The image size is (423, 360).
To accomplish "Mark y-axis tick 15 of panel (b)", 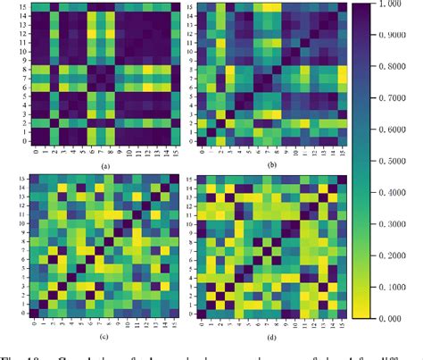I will click(188, 8).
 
